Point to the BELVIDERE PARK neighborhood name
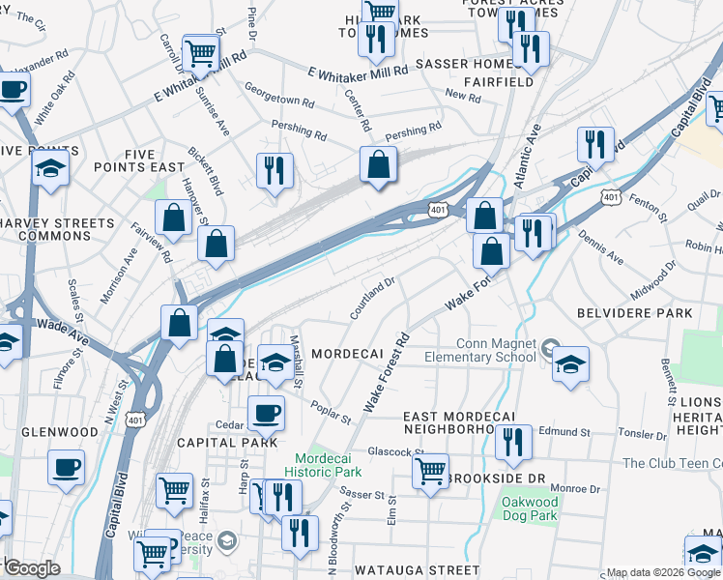(634, 313)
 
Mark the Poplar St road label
(331, 412)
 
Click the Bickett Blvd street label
(206, 171)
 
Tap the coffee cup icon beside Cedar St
(266, 413)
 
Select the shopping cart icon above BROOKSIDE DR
(430, 471)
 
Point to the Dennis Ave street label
(600, 249)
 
